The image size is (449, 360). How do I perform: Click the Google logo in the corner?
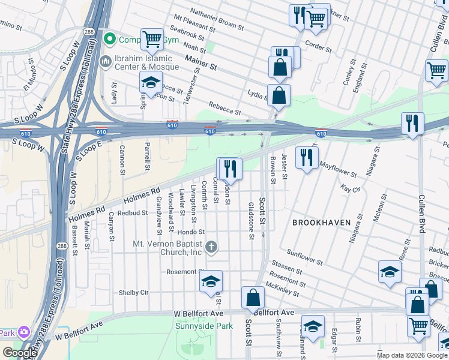click(20, 353)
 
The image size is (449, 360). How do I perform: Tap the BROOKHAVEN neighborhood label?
click(321, 223)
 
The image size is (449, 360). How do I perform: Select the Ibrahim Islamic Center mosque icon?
click(106, 62)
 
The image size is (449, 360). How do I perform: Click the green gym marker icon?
click(110, 40)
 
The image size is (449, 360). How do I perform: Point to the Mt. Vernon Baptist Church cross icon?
click(211, 247)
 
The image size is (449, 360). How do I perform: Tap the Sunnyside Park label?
click(203, 326)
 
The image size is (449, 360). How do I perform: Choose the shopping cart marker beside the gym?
click(152, 40)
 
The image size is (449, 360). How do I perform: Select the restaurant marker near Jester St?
click(307, 157)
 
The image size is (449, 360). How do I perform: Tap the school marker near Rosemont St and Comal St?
click(211, 281)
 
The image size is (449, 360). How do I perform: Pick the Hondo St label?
click(191, 232)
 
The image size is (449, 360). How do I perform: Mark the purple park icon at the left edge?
click(23, 332)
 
